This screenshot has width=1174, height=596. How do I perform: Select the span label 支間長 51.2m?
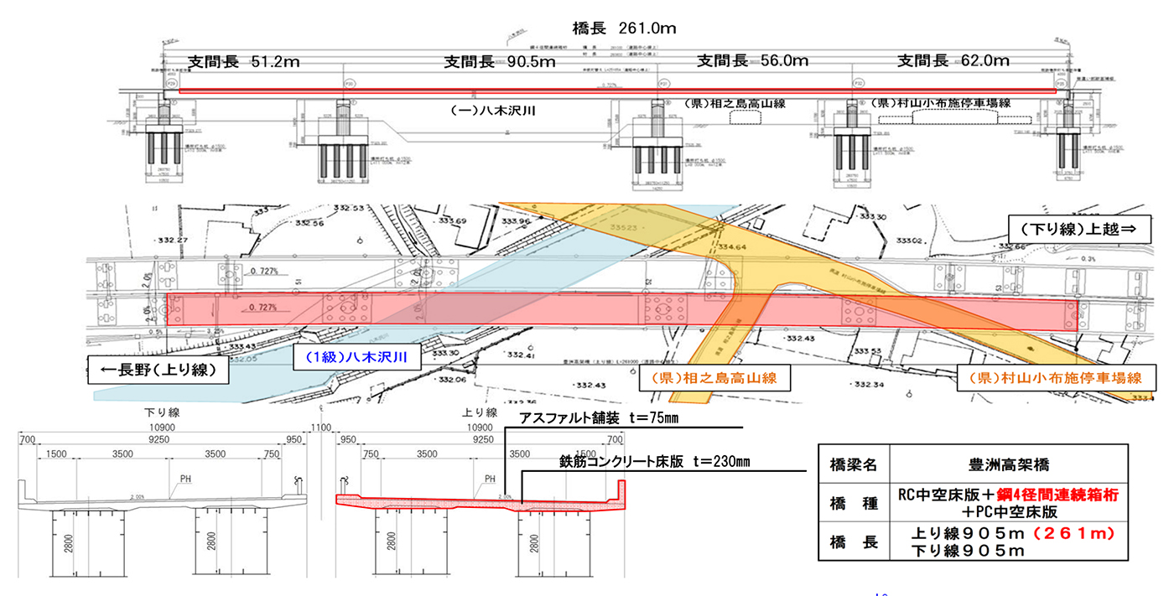coord(244,61)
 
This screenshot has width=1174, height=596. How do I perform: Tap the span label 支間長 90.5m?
coord(500,61)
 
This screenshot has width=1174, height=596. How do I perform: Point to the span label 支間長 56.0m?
coord(753,60)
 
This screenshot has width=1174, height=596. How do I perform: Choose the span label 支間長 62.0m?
coord(953,60)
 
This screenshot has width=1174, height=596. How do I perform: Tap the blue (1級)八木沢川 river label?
coord(351,356)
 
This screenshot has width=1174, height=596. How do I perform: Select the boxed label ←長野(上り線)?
coord(159,370)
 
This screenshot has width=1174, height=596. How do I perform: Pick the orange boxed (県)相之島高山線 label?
coord(709,378)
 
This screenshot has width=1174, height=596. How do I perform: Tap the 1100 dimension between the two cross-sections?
coord(319,428)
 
